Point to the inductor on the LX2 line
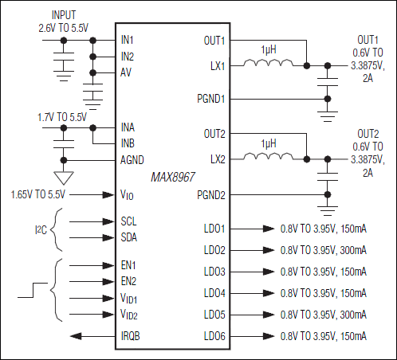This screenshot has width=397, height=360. pos(269,159)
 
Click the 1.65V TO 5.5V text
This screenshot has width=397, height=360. pos(41,194)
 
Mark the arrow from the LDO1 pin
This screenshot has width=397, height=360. pos(266,228)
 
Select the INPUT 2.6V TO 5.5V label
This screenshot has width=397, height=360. pos(64,21)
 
